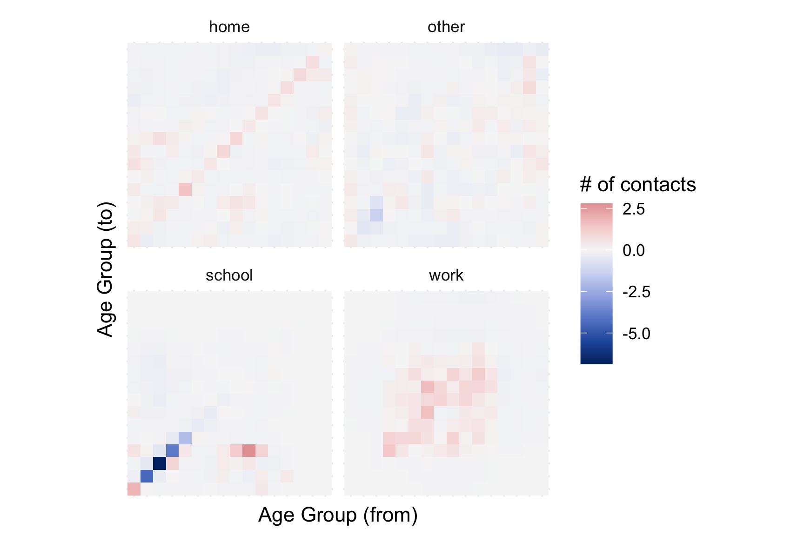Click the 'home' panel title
(x=229, y=27)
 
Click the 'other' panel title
(x=446, y=27)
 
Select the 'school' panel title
(x=229, y=275)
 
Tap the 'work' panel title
(x=446, y=275)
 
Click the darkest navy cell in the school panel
(x=160, y=463)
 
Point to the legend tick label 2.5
(x=634, y=209)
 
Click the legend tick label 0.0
(x=634, y=251)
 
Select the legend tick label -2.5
(x=636, y=292)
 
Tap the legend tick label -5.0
(x=636, y=334)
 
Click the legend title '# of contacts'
(x=637, y=185)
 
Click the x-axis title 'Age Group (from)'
(x=338, y=515)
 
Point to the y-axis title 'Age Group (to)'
(x=106, y=269)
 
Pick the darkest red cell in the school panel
(x=249, y=450)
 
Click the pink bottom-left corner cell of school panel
(x=134, y=489)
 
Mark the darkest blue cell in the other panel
(x=376, y=215)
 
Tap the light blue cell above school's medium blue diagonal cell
(x=185, y=438)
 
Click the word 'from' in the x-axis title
(x=390, y=515)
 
